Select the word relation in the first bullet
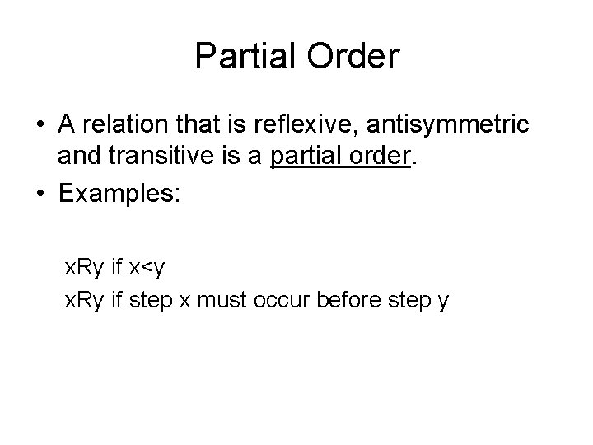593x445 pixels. click(130, 126)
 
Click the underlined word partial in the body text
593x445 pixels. click(300, 157)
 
